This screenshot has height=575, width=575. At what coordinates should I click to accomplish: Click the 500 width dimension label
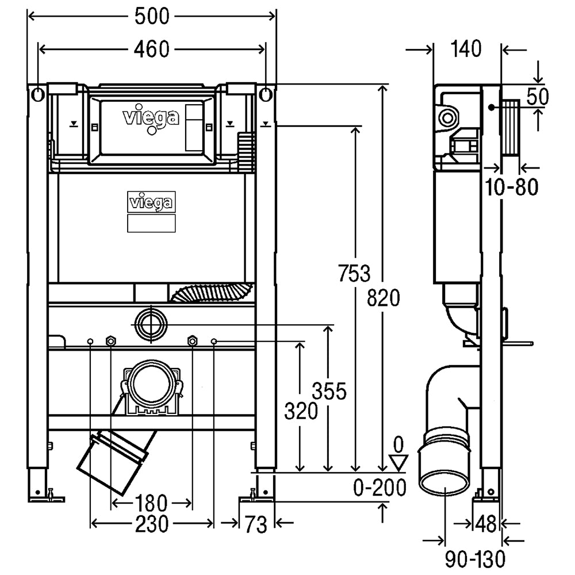(x=152, y=16)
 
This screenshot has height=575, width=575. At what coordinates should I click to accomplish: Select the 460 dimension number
(x=151, y=49)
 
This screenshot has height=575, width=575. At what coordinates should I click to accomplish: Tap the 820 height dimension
(x=384, y=298)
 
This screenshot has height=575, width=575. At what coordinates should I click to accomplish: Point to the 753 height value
(x=354, y=273)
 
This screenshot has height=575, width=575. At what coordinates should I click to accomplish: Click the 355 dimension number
(x=329, y=391)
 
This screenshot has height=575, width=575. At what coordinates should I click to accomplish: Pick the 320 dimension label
(x=301, y=411)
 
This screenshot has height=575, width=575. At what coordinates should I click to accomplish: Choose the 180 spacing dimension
(x=151, y=503)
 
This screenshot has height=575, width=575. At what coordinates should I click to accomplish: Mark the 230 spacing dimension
(x=152, y=524)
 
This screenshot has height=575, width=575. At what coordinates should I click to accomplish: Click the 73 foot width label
(x=256, y=525)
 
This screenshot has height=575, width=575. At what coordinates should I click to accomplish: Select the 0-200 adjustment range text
(x=380, y=488)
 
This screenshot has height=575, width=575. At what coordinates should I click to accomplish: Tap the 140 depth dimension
(x=466, y=49)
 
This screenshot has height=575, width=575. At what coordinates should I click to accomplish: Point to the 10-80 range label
(x=512, y=187)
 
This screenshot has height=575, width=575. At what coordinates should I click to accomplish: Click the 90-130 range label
(x=476, y=559)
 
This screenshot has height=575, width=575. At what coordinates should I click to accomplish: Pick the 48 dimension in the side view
(x=486, y=524)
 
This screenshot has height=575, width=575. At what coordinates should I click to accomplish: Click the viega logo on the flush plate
(x=151, y=118)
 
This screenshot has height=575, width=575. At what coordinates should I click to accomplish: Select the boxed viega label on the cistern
(x=151, y=202)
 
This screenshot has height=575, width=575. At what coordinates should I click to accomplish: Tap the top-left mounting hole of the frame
(x=38, y=95)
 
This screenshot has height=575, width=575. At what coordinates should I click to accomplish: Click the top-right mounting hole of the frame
(x=266, y=95)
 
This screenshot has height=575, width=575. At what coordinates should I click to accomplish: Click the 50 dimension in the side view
(x=538, y=97)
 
